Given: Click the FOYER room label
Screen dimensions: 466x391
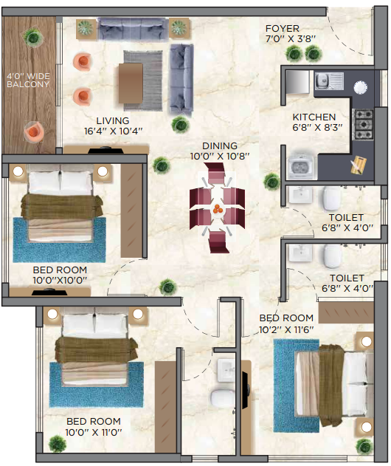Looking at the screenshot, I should coord(283,29).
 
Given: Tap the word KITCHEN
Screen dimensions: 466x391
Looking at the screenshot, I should coord(314,117).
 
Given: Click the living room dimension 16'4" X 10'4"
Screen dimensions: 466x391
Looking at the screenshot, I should coord(113,131).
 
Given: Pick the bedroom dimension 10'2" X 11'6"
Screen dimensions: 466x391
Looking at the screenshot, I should coord(286,330).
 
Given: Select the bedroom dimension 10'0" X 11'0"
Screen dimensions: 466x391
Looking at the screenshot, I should coord(93,432).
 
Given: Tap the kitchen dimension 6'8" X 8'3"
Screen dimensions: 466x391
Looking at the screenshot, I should coord(314,128).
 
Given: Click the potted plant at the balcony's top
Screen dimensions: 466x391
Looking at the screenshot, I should coord(32,35).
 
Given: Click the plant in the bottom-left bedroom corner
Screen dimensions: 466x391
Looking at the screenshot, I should coord(56,443).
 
